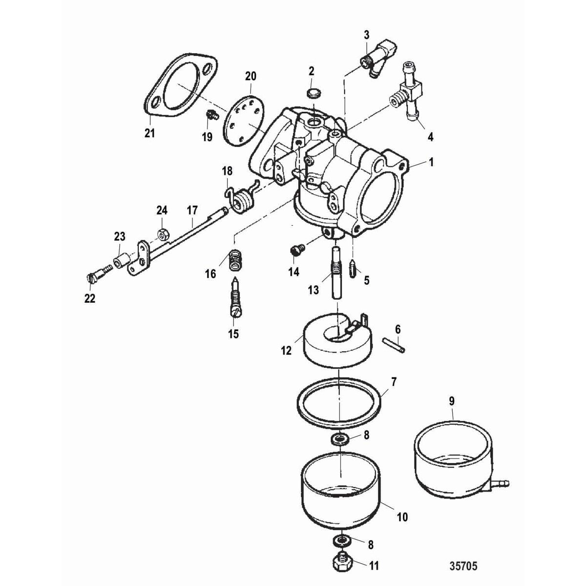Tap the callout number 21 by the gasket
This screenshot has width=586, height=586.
tap(149, 132)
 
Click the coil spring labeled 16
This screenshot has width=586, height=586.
tap(235, 258)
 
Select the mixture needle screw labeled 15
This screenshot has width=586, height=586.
tap(234, 298)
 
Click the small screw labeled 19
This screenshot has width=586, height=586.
tap(211, 115)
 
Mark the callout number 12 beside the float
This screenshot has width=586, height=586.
tap(286, 350)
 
